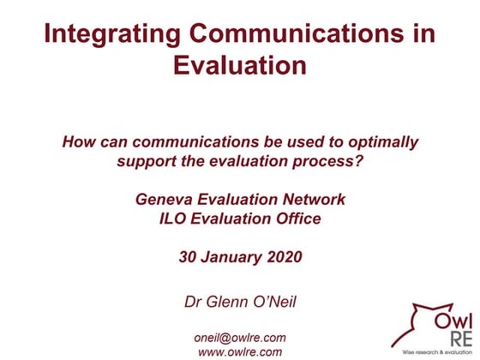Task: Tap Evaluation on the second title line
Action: point(239,65)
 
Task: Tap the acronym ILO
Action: point(176,219)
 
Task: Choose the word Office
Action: point(297,219)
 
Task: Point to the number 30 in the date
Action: point(189,256)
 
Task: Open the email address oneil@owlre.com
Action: point(240,337)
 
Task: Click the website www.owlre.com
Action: point(240,351)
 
